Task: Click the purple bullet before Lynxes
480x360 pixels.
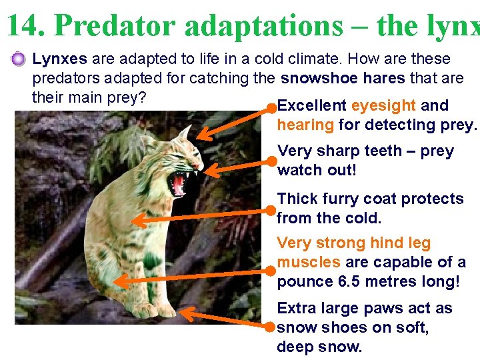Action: click(x=19, y=60)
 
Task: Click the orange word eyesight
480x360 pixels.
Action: click(x=384, y=105)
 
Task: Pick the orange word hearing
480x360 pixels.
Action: click(x=305, y=125)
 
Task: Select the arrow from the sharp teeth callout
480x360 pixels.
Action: click(x=240, y=166)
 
